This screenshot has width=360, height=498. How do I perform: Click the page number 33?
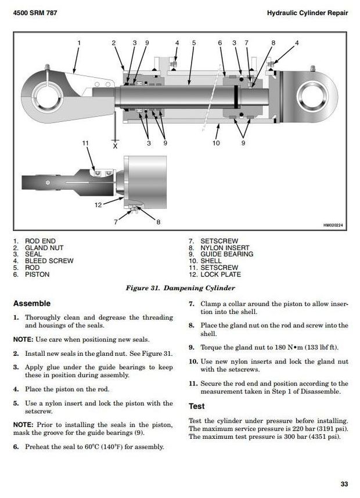tap(344, 484)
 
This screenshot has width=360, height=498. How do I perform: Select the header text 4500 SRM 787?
tap(35, 13)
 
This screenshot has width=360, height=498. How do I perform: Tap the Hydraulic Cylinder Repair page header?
tap(307, 13)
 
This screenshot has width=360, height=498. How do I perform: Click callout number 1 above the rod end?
tap(79, 43)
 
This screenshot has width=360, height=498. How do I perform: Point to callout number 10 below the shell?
tap(216, 143)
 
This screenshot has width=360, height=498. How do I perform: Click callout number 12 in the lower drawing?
tap(98, 205)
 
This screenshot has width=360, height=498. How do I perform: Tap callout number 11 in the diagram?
tap(85, 143)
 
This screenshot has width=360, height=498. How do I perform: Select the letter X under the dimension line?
tap(115, 146)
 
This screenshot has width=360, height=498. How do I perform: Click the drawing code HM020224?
tap(333, 225)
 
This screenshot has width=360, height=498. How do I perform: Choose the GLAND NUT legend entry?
tap(38, 248)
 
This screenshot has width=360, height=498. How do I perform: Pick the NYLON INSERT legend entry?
tap(219, 248)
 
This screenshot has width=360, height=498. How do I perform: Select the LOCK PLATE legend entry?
tap(215, 275)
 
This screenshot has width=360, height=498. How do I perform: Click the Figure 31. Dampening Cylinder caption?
tap(180, 288)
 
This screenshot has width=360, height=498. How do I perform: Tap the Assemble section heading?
tap(32, 304)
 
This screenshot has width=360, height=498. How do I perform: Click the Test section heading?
tap(197, 406)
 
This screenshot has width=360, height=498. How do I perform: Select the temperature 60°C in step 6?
tap(92, 447)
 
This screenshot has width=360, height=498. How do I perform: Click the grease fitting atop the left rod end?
tap(48, 68)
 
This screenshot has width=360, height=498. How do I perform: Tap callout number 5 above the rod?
tap(194, 43)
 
